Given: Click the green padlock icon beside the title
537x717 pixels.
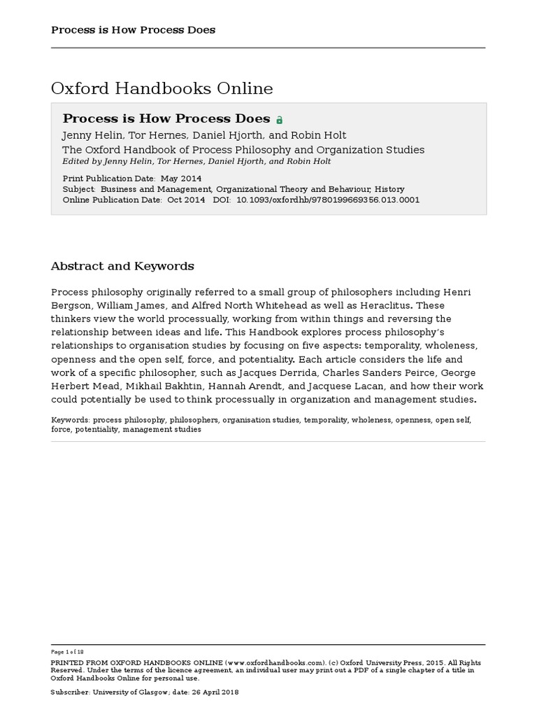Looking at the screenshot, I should [x=280, y=120].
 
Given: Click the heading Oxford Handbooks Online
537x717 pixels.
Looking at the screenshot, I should [x=162, y=89].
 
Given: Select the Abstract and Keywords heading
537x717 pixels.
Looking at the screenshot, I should [x=122, y=266].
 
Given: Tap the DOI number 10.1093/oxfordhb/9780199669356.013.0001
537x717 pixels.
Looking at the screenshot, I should [x=329, y=200].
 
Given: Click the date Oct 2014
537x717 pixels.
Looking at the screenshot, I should [x=186, y=200].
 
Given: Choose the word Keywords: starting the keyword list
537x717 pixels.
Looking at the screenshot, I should [x=71, y=420].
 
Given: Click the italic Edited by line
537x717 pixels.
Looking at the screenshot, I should [x=196, y=161].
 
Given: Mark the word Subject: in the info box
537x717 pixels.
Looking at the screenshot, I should [x=79, y=189].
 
